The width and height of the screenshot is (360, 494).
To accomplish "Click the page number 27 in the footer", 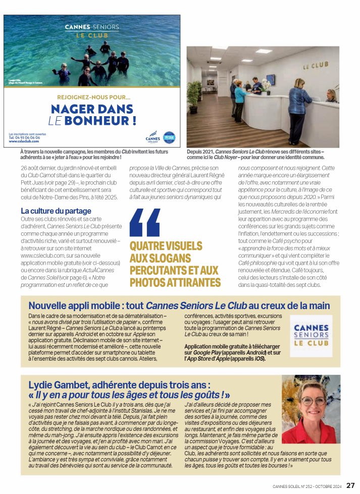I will pos(350,485).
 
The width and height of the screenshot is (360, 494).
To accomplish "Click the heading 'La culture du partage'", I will pos(56,211).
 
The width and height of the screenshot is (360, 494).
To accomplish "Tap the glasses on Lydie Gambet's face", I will pos(313,401).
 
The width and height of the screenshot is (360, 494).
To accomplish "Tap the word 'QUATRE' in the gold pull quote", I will pos(146,246).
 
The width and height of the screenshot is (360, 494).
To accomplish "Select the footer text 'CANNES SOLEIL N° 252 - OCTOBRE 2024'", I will pos(306,486).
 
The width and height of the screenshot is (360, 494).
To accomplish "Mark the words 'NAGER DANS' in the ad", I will pos(92,109).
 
